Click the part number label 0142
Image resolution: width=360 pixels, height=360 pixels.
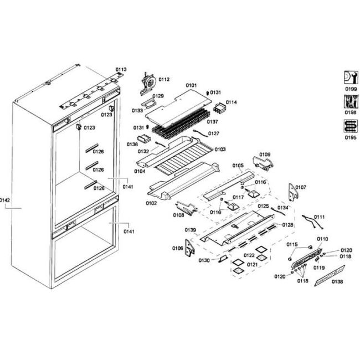point(5,200)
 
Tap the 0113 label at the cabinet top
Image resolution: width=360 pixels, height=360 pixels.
point(121,69)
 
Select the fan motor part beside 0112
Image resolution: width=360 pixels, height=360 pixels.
point(148,82)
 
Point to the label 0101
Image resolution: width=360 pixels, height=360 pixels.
point(191,85)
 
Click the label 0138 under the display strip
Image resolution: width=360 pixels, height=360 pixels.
point(337,282)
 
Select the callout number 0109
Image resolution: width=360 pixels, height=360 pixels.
point(265,154)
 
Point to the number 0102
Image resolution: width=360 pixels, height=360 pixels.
point(151,203)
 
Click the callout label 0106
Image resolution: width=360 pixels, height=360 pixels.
point(178,248)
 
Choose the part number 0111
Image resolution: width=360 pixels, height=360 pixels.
point(320,217)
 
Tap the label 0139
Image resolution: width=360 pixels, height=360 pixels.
point(190,229)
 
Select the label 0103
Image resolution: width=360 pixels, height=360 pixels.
point(220,150)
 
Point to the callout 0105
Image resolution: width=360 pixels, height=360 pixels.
point(238,165)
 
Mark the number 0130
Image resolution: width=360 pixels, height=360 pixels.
point(204,260)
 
